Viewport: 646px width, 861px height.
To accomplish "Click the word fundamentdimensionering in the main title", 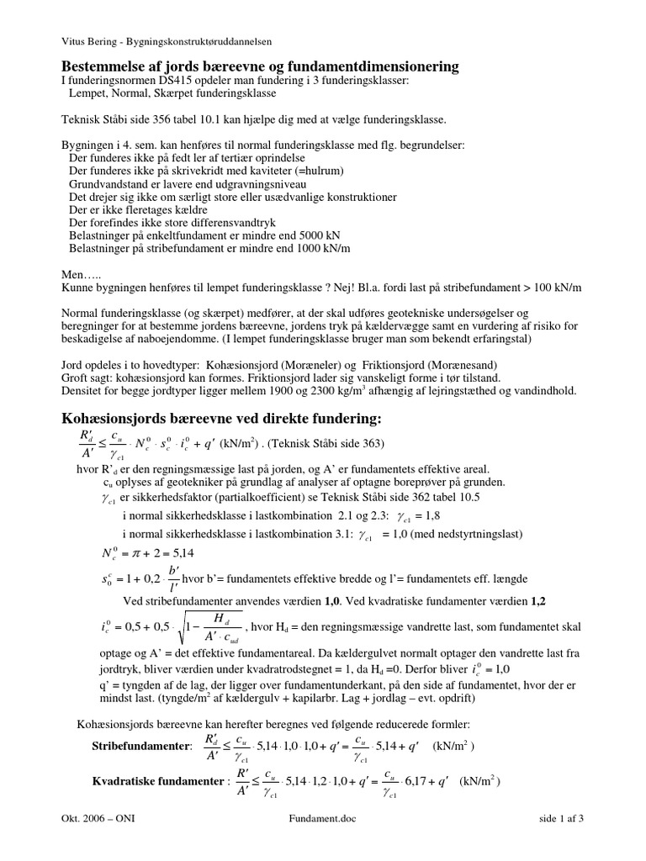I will (x=379, y=66).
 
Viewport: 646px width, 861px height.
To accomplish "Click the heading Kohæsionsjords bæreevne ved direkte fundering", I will (x=222, y=419).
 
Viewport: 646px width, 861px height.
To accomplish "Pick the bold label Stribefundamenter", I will (x=139, y=746).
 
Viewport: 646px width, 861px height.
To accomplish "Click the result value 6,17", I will (x=418, y=780).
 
